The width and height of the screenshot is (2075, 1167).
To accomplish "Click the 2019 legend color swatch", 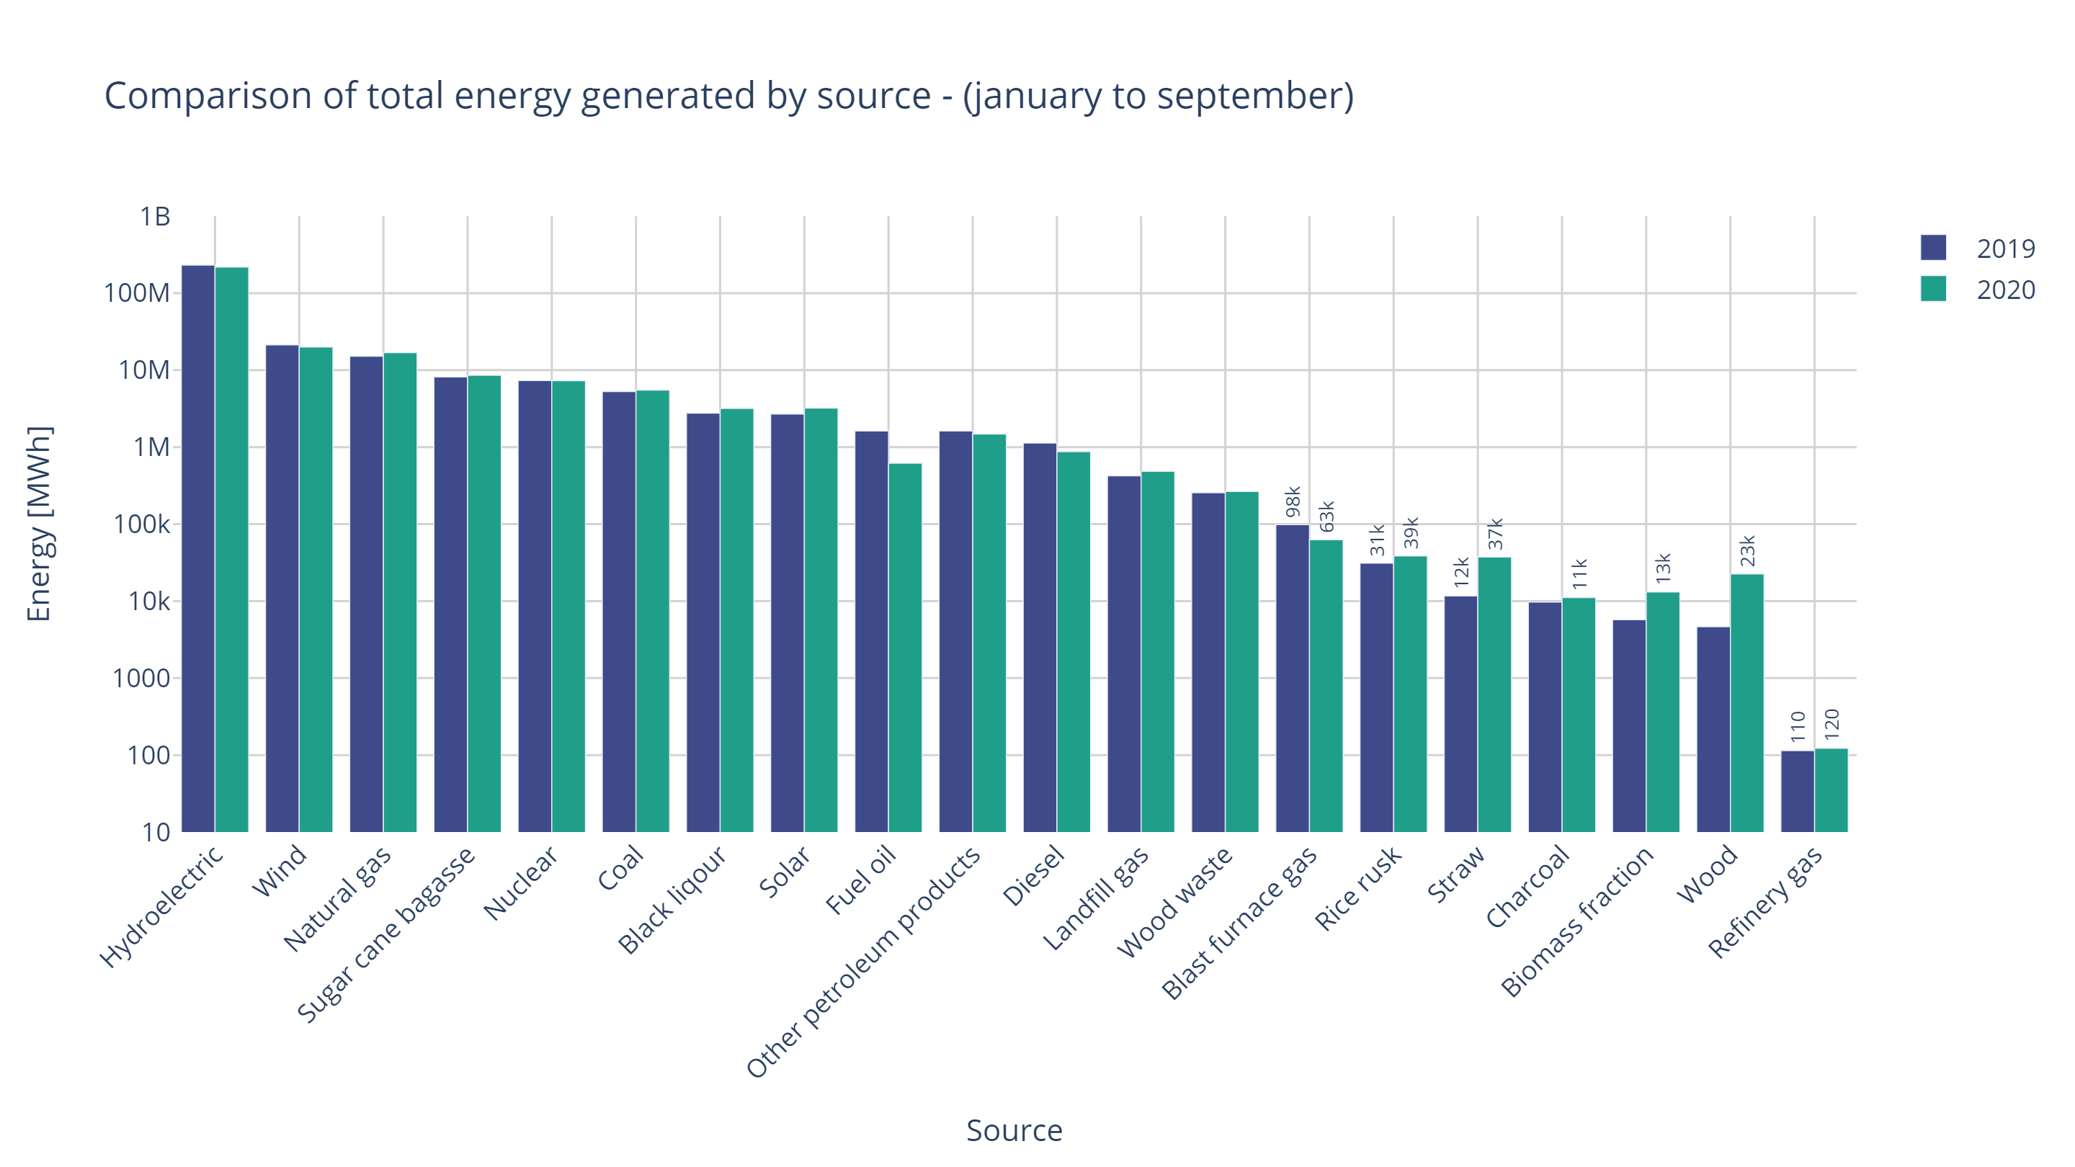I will tap(1932, 247).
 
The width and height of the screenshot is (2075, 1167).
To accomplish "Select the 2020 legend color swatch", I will tap(1932, 288).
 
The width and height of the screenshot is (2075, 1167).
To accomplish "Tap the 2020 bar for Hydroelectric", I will tap(232, 547).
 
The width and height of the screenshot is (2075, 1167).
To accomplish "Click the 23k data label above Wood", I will tap(1746, 550).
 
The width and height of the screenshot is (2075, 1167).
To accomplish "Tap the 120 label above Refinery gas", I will tap(1831, 724).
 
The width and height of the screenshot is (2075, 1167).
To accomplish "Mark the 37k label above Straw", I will tap(1495, 534).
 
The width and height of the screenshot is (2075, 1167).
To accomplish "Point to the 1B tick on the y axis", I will tap(155, 217).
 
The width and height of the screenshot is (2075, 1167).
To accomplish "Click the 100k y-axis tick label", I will tap(142, 524).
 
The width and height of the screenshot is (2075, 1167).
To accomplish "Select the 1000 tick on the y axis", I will tap(142, 678).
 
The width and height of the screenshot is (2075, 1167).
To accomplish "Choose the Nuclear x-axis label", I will tap(520, 882).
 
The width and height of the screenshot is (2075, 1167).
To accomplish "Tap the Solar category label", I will tap(784, 872).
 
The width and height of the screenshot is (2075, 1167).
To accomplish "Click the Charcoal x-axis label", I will tap(1527, 886).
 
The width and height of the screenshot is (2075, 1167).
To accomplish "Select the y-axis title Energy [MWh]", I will tap(39, 524).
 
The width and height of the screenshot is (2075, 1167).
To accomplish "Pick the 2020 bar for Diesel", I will tap(1074, 641).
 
